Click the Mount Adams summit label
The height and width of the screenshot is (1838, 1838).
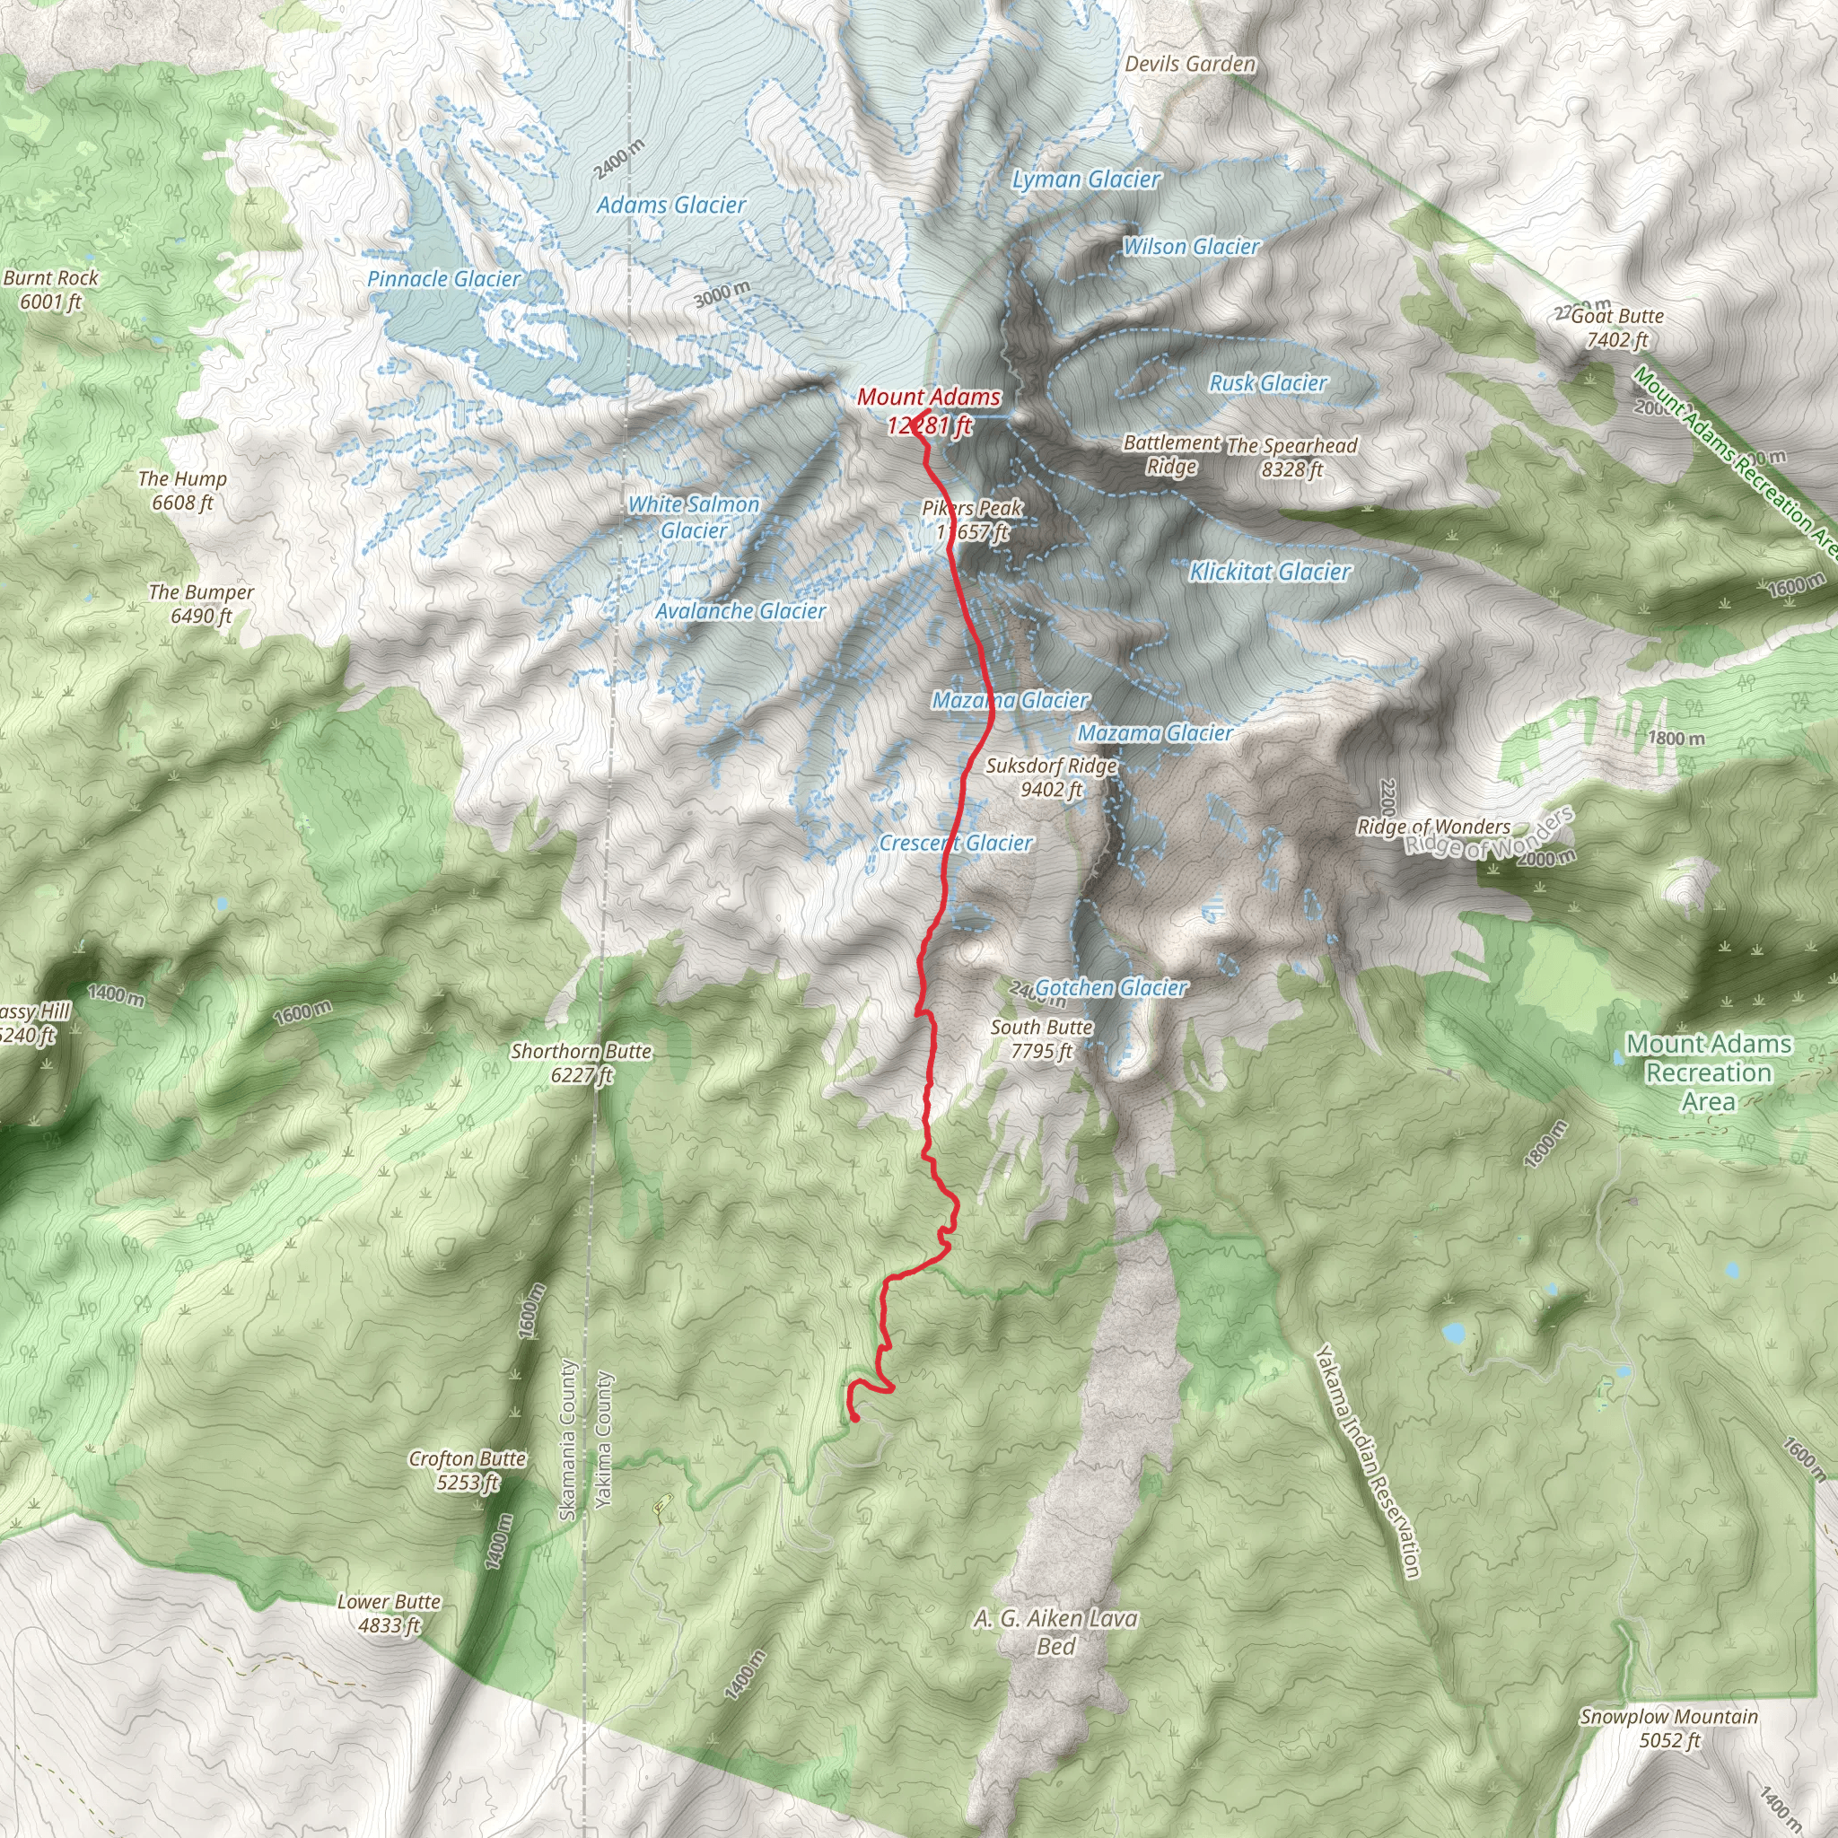click(x=929, y=410)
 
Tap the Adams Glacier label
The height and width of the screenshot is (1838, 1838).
click(x=670, y=205)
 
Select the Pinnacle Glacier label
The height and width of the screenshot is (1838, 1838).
click(x=443, y=279)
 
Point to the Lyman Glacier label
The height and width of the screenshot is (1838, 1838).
click(x=1086, y=179)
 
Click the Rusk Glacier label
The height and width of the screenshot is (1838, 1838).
click(x=1267, y=383)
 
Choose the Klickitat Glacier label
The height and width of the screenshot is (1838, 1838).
click(x=1269, y=572)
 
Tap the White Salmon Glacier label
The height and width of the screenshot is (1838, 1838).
click(x=694, y=518)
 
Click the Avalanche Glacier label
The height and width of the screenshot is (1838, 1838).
click(x=740, y=612)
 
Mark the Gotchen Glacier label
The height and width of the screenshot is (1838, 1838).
click(x=1110, y=988)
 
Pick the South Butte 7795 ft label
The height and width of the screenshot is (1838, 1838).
click(x=1041, y=1039)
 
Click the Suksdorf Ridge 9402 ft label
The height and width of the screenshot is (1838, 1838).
click(x=1050, y=777)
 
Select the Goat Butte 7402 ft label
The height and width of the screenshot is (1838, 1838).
click(x=1616, y=328)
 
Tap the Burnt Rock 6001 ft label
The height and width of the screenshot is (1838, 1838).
click(x=50, y=289)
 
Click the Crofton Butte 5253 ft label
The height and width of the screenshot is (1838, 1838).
click(x=467, y=1470)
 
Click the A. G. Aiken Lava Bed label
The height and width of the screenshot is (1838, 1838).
click(x=1055, y=1632)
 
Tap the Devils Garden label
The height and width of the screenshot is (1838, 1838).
click(x=1189, y=65)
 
